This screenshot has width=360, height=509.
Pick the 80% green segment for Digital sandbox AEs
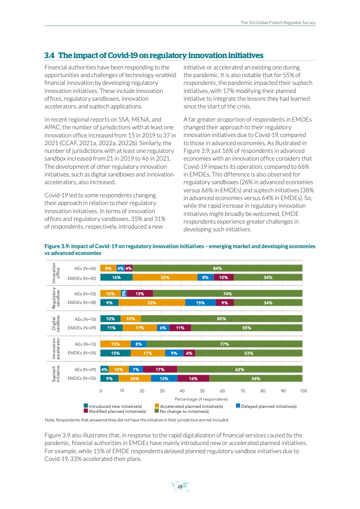point(222,318)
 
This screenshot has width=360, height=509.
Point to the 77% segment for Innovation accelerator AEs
point(224,344)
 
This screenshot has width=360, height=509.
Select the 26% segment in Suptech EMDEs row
point(135,378)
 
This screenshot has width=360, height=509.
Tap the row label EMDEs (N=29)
point(82,327)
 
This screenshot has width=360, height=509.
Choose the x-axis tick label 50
point(202,390)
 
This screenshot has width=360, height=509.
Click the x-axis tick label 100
point(304,390)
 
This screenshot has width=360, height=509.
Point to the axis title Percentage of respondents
point(201,399)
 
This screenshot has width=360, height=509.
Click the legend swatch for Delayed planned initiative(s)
point(238,406)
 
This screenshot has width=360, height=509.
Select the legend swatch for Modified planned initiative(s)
point(86,411)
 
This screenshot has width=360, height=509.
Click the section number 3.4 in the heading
point(49,55)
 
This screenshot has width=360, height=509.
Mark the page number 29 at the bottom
point(180,487)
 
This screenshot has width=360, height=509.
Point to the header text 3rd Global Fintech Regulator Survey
point(278,22)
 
